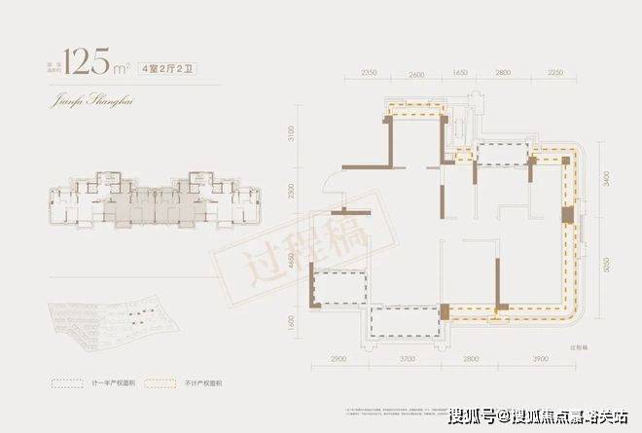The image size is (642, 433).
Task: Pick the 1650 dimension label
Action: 461,74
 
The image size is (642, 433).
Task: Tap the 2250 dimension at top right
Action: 555,74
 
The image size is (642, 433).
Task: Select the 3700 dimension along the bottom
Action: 408,359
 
